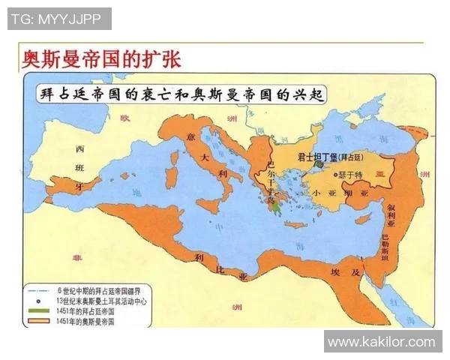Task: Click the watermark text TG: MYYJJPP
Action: (x=59, y=19)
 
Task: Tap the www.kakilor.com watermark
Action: (x=382, y=342)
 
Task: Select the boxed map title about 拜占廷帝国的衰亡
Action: (x=181, y=94)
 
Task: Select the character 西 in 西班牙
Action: (x=79, y=148)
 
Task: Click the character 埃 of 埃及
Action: (x=335, y=268)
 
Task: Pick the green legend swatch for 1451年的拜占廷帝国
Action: (x=40, y=310)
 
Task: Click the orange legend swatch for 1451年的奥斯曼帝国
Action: (x=40, y=321)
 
